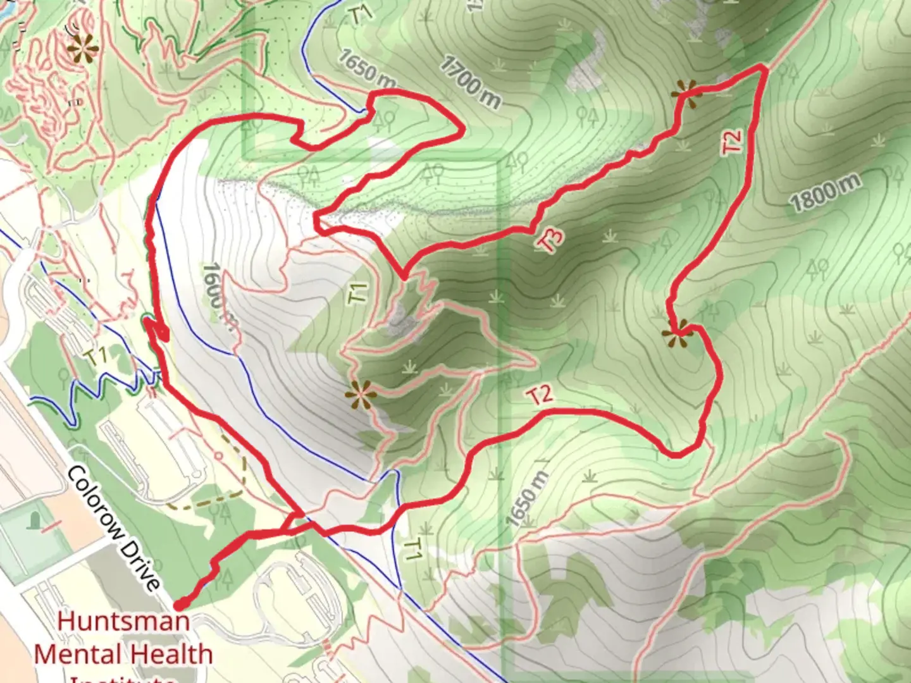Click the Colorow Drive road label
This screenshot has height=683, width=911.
click(114, 529)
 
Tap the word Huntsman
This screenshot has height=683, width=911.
click(123, 620)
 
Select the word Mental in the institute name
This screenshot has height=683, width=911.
click(75, 654)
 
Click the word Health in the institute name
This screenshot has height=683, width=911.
click(171, 654)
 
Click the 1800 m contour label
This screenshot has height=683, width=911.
click(825, 192)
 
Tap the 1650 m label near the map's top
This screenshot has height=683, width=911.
click(367, 68)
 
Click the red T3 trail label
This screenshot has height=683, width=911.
click(550, 240)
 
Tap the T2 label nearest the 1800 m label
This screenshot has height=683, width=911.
click(732, 141)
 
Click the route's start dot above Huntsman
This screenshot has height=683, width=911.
click(180, 605)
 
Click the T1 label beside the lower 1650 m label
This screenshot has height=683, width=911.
click(412, 550)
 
